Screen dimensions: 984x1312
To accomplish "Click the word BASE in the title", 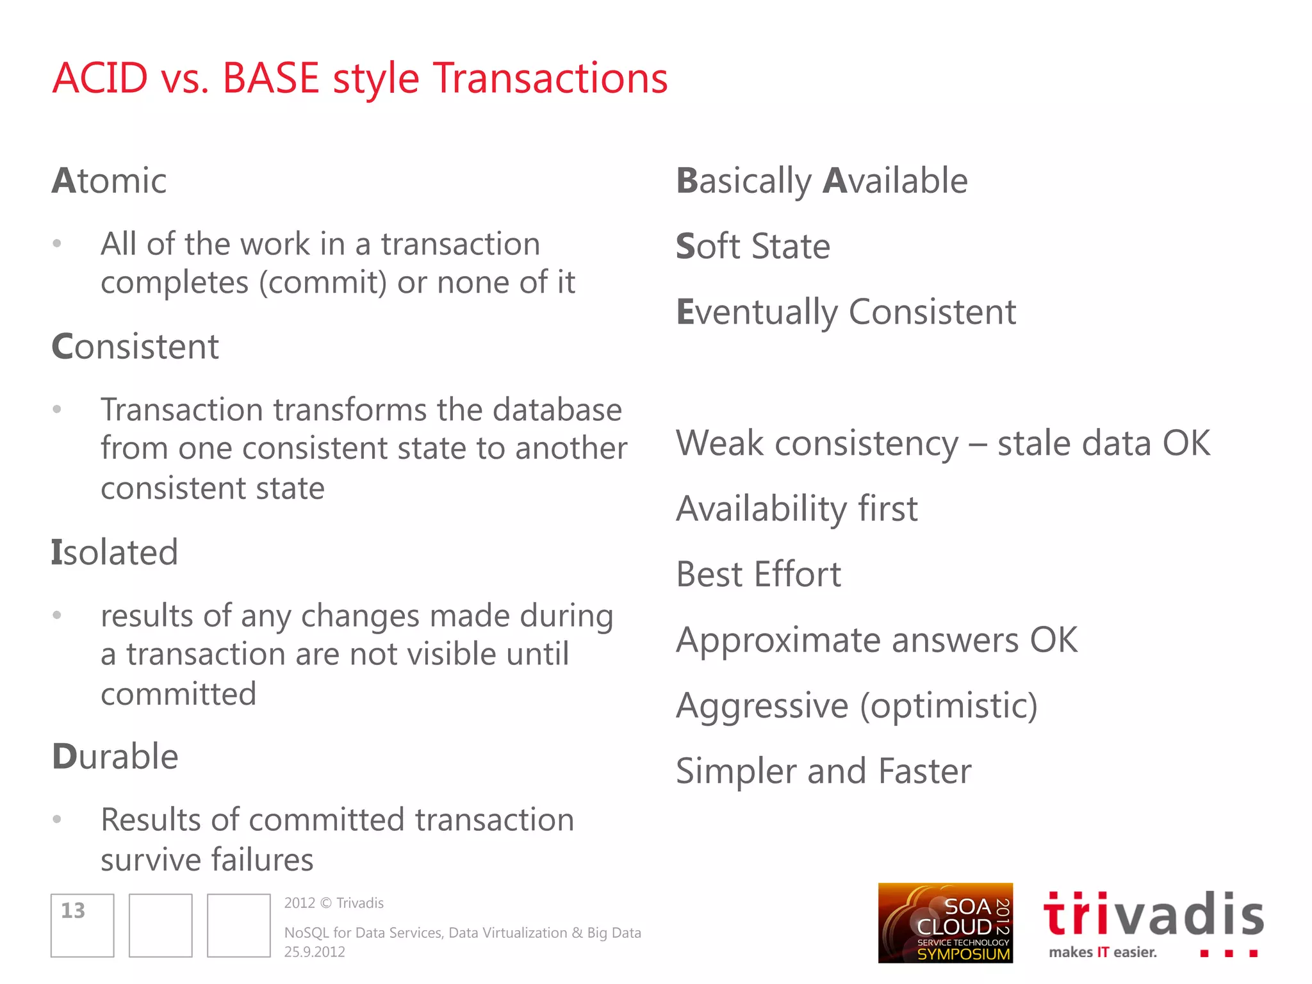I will (x=270, y=78).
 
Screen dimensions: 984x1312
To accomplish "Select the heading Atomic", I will (x=109, y=181).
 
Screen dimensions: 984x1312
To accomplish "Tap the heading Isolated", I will (x=114, y=552).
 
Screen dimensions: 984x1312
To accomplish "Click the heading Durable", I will (x=115, y=757).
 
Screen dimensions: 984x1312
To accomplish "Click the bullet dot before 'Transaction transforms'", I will (x=57, y=409).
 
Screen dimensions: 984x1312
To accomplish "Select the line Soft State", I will (x=753, y=247).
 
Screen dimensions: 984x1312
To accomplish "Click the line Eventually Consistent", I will (x=846, y=313).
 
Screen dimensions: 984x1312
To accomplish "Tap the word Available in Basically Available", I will (x=895, y=181).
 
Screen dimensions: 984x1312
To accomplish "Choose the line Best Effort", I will (x=758, y=574).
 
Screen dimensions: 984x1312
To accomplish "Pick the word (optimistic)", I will (x=948, y=706).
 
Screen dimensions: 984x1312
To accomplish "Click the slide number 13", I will (x=73, y=910).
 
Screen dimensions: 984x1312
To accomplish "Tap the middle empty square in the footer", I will (x=160, y=925).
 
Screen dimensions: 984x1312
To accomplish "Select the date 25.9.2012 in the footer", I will (x=315, y=952).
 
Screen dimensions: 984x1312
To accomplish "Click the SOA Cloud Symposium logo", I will (x=945, y=923).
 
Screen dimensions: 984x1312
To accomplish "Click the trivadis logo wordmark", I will (x=1153, y=915).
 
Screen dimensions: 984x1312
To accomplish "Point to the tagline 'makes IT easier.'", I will (x=1103, y=952).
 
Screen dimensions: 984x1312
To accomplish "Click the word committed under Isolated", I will (x=179, y=694).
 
